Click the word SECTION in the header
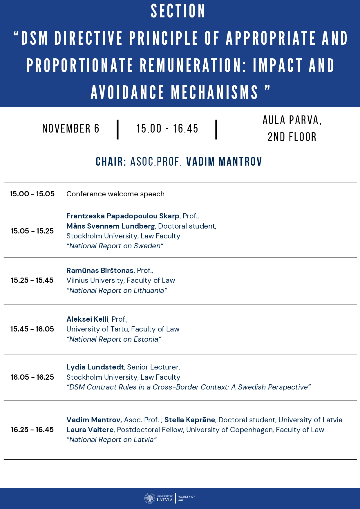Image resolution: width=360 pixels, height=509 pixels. coord(178,12)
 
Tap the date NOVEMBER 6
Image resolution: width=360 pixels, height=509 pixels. coord(71,128)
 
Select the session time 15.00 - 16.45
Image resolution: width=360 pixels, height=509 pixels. coord(167,128)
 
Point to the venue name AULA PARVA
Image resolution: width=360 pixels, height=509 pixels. coord(292,120)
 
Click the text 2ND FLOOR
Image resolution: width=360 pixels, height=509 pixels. coord(292,137)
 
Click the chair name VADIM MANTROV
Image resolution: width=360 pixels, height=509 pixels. coord(224,162)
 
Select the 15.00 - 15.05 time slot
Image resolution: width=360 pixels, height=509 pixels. coord(32,194)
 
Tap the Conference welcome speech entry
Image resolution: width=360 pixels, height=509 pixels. coord(115,194)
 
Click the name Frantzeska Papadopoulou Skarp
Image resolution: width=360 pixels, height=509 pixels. coord(123,216)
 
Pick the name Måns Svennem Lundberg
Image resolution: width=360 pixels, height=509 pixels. coord(111,226)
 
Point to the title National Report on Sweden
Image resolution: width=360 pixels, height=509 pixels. coord(115,246)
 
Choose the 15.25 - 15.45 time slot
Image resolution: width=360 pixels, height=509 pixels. coord(32,280)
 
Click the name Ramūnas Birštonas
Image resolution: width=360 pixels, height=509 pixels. coord(100,271)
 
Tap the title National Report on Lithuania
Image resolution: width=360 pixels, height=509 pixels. coord(117,291)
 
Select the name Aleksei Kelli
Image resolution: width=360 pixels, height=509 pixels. coord(87,319)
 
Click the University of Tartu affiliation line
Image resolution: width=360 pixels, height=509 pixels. coord(123,329)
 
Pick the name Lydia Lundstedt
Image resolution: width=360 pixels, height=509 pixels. coord(95,367)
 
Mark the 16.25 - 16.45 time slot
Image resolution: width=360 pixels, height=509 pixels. coord(32,430)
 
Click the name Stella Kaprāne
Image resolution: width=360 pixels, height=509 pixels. coord(190,420)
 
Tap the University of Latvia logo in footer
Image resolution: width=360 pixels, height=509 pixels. coord(159,498)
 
